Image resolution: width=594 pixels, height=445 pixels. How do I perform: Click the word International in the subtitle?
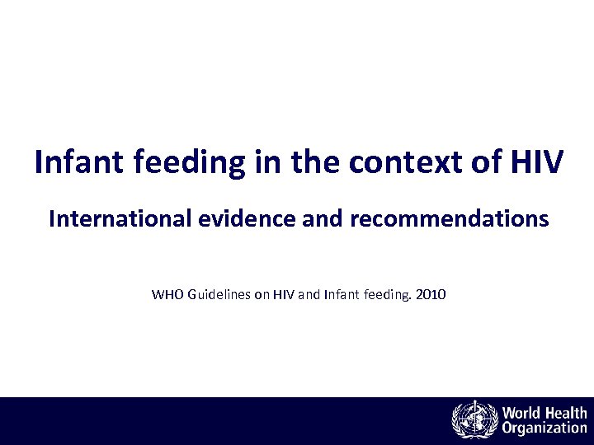click(111, 218)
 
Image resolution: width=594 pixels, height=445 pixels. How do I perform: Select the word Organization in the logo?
click(544, 429)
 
